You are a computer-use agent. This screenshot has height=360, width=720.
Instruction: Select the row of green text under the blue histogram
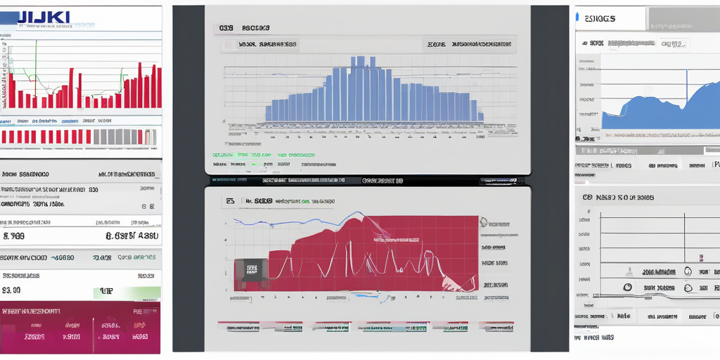pos(263,154)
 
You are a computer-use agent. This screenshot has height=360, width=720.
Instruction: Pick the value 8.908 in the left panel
pos(15,237)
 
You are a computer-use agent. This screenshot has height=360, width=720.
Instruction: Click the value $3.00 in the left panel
pos(12,290)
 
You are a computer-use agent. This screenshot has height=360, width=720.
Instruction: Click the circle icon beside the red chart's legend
pos(484,222)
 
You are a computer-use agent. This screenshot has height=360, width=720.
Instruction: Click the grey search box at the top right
pos(682,18)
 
